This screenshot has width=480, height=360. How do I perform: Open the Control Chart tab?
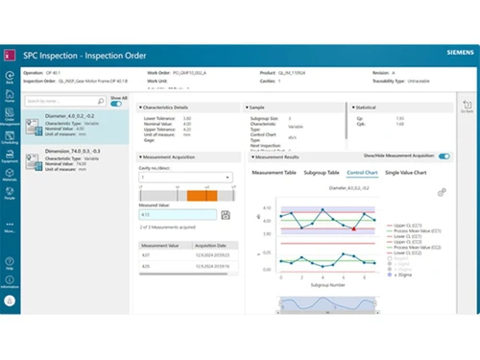(361, 172)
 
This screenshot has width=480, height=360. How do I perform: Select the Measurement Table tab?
(273, 172)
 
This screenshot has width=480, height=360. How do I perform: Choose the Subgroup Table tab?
(321, 172)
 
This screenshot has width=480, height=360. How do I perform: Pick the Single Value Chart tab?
(406, 172)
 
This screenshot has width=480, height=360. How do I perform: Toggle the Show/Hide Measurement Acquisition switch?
(444, 156)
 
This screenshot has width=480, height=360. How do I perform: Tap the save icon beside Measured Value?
(225, 215)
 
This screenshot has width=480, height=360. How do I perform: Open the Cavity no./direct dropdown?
(184, 178)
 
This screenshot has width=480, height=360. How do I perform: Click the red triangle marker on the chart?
(354, 228)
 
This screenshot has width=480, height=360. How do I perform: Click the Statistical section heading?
(364, 108)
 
